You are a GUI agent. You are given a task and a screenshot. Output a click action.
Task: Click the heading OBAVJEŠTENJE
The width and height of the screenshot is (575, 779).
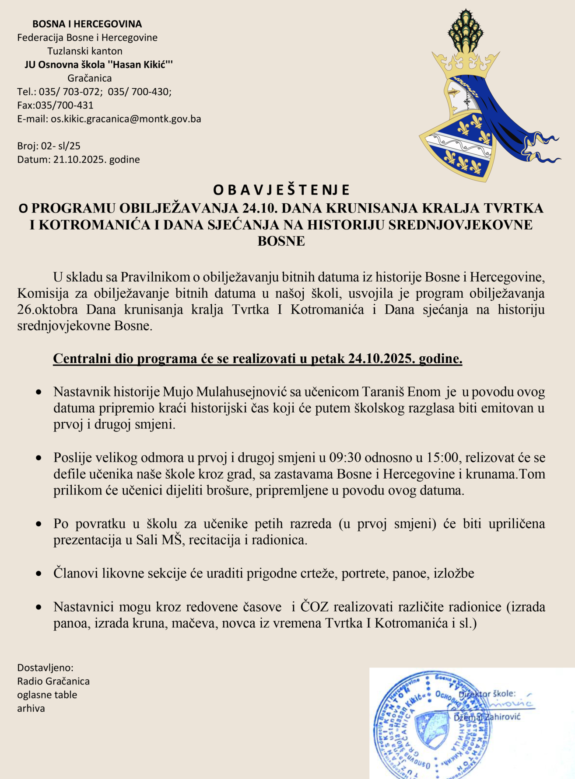tap(281, 190)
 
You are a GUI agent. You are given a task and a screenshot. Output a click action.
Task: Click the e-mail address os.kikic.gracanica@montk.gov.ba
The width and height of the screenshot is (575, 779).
tap(126, 119)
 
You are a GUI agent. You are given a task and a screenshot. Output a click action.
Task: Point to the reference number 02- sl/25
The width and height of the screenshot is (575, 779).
tap(61, 146)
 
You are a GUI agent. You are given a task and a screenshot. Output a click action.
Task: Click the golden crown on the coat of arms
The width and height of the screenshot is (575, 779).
tap(466, 65)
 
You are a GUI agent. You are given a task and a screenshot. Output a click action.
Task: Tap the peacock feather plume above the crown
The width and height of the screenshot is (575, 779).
tap(465, 31)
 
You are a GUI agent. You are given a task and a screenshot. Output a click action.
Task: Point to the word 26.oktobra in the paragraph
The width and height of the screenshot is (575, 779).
tap(48, 310)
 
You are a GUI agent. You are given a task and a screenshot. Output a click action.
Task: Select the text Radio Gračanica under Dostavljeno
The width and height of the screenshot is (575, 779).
tap(53, 681)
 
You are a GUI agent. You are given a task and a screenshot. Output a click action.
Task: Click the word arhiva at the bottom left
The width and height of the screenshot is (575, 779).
tap(31, 708)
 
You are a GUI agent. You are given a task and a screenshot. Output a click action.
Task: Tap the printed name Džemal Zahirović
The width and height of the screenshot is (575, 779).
tap(487, 717)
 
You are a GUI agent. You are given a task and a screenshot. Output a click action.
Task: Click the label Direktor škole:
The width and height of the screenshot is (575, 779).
tap(487, 694)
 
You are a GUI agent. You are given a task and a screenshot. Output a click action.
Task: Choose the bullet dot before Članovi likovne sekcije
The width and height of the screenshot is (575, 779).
tap(39, 573)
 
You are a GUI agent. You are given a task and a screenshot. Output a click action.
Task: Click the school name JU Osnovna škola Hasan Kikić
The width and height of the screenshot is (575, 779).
tap(98, 65)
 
